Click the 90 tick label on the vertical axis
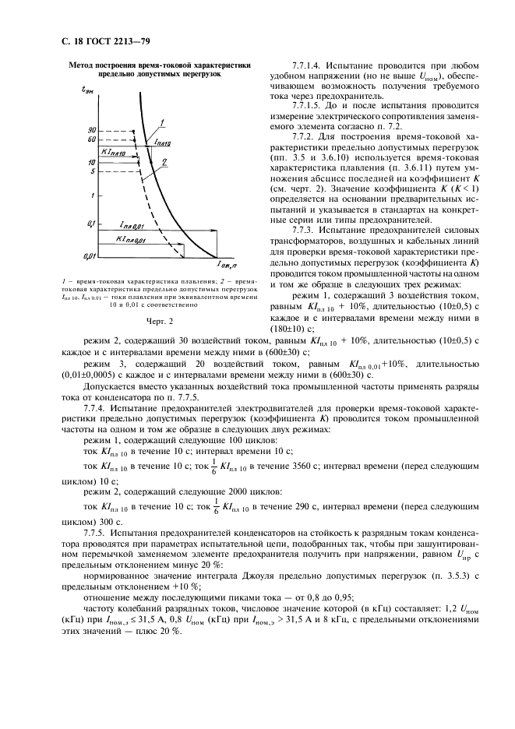click(91, 129)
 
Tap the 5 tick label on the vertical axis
click(93, 171)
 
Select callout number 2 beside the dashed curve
click(165, 163)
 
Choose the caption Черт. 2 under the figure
click(159, 319)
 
